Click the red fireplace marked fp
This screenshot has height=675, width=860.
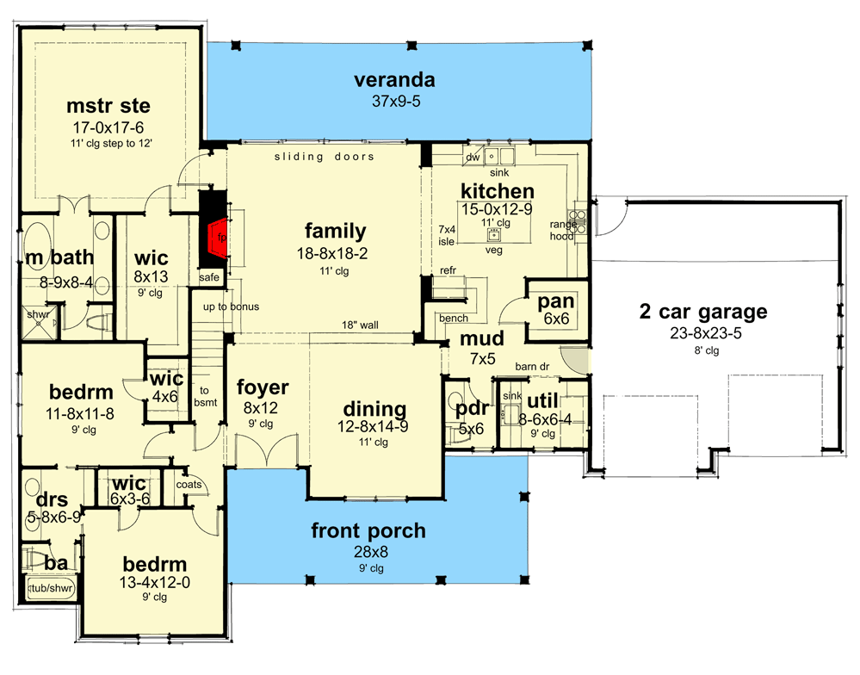pyautogui.click(x=218, y=238)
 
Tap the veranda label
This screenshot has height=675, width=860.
pyautogui.click(x=394, y=80)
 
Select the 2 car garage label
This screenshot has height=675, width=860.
pyautogui.click(x=703, y=312)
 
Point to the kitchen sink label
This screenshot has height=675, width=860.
pyautogui.click(x=499, y=173)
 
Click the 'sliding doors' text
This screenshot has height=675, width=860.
pyautogui.click(x=325, y=157)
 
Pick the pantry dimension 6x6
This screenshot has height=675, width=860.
pyautogui.click(x=556, y=319)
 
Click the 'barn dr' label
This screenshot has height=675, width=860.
pyautogui.click(x=532, y=367)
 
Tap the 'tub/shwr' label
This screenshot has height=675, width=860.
pyautogui.click(x=51, y=588)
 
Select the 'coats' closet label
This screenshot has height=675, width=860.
pyautogui.click(x=189, y=485)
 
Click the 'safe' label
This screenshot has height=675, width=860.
pyautogui.click(x=209, y=277)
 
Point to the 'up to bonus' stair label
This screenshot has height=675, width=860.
pyautogui.click(x=231, y=307)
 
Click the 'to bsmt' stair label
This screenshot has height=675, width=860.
pyautogui.click(x=205, y=396)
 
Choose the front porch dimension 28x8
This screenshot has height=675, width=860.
pyautogui.click(x=371, y=552)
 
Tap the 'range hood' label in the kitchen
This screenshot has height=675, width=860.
pyautogui.click(x=562, y=230)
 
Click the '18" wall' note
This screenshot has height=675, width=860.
pyautogui.click(x=361, y=325)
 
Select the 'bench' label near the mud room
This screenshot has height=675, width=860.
pyautogui.click(x=454, y=318)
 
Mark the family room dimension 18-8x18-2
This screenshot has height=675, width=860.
pyautogui.click(x=332, y=254)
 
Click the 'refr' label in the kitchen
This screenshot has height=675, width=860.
pyautogui.click(x=448, y=270)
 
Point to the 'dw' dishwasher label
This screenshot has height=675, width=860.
pyautogui.click(x=473, y=158)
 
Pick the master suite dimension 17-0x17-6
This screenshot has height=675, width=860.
pyautogui.click(x=108, y=127)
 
